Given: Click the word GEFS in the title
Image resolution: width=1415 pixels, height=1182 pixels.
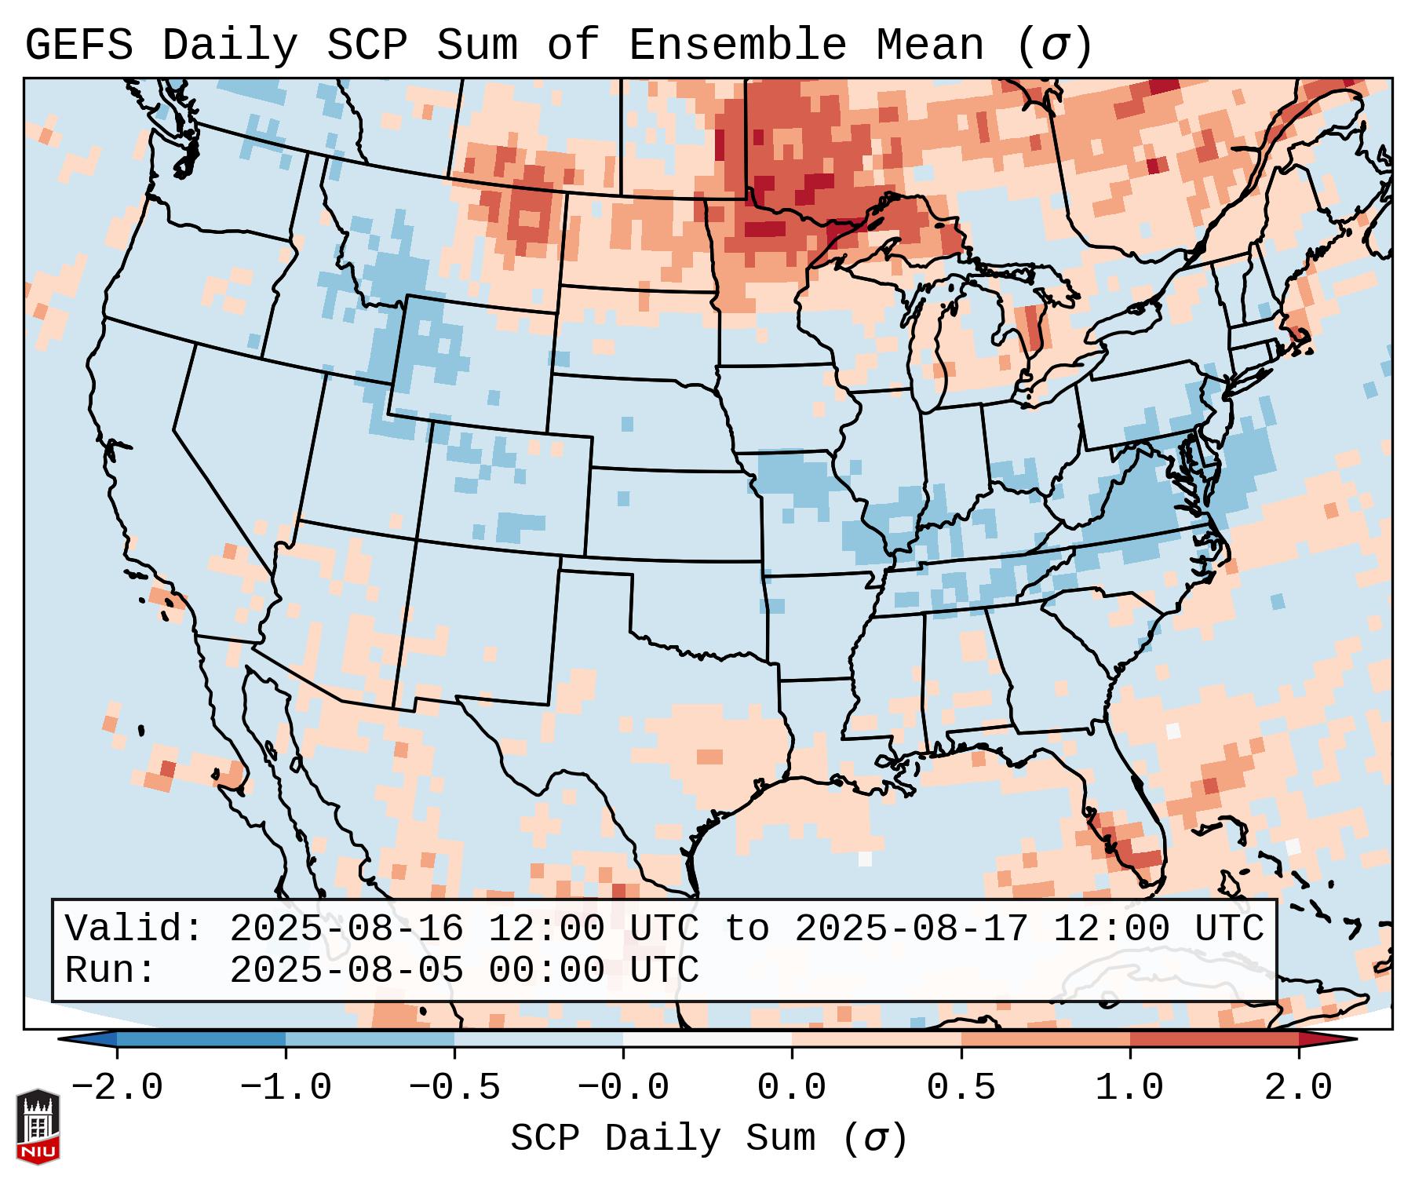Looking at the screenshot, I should click(x=79, y=46).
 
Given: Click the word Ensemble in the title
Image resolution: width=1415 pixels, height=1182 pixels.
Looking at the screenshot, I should click(x=738, y=46).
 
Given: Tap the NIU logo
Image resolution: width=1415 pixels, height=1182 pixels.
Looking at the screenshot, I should click(x=38, y=1125).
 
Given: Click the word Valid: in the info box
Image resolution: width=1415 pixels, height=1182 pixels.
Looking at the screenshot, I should click(x=134, y=929).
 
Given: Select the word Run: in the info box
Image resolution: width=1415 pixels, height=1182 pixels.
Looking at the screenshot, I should click(x=111, y=971).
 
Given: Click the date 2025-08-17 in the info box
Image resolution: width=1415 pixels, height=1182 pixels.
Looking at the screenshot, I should click(x=911, y=929).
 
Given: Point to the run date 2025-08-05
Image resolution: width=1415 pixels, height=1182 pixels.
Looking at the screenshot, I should click(x=346, y=971).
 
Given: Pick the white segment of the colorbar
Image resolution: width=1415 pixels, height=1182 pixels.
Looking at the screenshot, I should click(x=707, y=1039).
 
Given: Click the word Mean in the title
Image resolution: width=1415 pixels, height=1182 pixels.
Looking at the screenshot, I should click(x=929, y=46).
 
